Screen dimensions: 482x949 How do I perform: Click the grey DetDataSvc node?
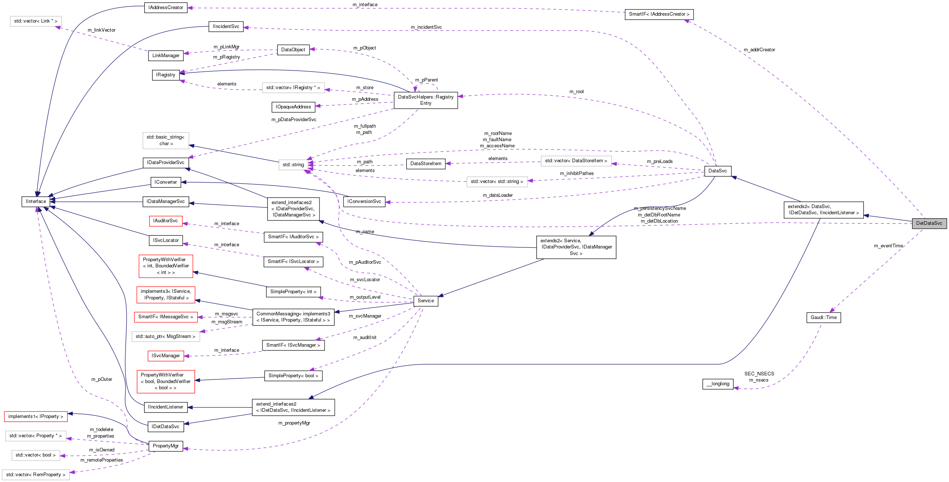929,223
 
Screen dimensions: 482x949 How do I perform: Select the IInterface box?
36,202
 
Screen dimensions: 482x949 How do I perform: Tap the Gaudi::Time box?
823,318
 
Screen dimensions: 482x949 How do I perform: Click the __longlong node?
718,384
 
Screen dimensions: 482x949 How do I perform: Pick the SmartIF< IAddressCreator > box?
659,14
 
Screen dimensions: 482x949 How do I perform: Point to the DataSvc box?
717,171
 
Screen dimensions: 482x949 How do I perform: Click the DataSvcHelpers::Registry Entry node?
425,100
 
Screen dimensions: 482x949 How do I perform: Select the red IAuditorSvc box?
166,221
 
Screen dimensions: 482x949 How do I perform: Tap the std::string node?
293,164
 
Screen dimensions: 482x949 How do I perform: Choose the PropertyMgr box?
166,446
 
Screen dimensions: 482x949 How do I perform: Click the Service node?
425,301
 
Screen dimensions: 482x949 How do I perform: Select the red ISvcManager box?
166,356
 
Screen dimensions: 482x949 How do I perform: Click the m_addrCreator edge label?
759,50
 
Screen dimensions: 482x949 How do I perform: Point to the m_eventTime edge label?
888,246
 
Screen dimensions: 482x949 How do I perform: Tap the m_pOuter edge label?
102,379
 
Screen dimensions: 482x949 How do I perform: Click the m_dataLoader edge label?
497,195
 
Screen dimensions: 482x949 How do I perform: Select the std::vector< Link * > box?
35,21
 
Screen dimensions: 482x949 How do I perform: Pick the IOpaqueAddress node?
293,107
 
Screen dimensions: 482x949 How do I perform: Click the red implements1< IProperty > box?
35,417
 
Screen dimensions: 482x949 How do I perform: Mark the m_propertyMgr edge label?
294,423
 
